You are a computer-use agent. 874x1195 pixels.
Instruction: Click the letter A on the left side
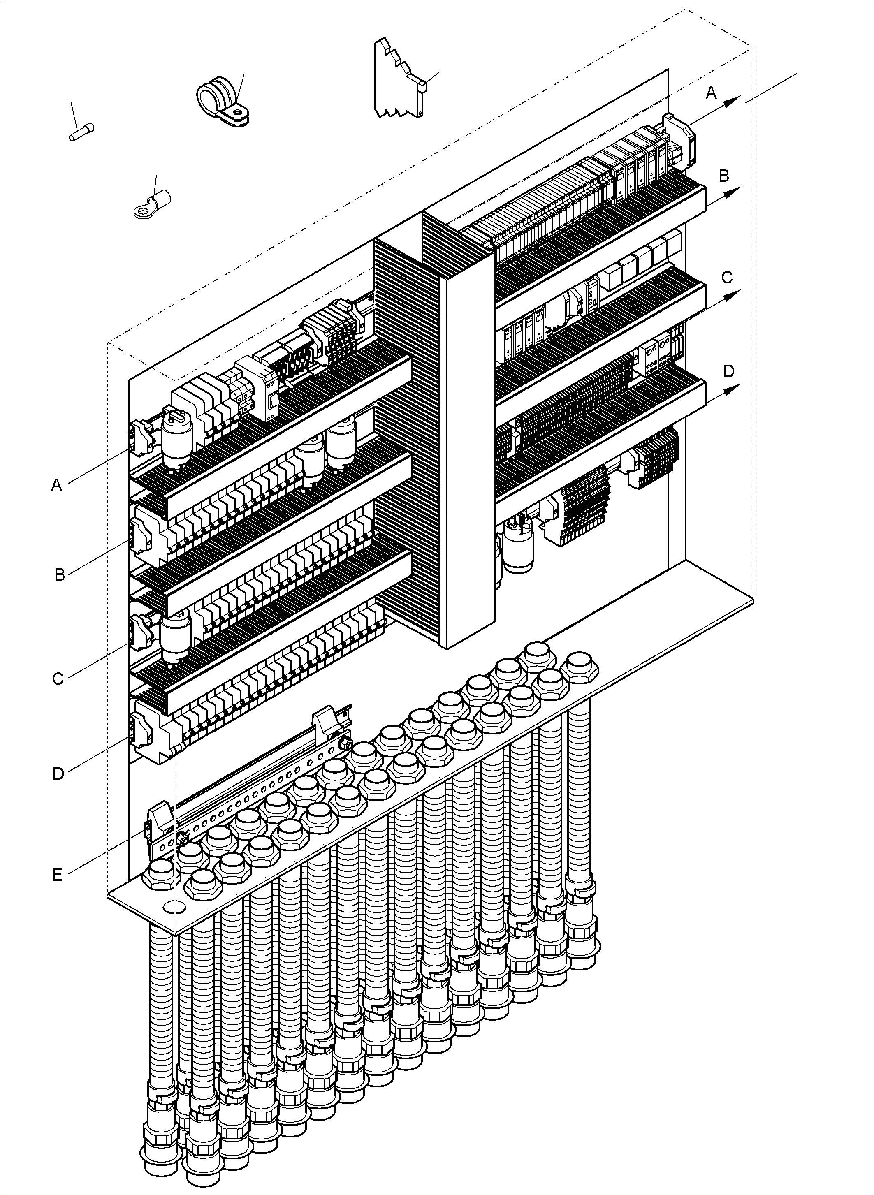tap(57, 485)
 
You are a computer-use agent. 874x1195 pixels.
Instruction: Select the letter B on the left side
tap(60, 574)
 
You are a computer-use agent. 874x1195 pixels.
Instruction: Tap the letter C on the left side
tap(58, 678)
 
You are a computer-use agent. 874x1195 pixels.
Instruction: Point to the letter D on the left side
tap(58, 774)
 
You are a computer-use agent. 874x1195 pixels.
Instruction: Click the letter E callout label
tap(57, 875)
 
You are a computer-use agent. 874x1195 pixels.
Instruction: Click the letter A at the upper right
tap(712, 93)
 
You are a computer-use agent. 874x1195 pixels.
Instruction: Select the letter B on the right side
tap(724, 175)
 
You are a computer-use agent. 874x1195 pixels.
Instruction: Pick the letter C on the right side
tap(727, 277)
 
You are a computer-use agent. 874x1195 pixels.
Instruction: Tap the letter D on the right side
tap(728, 371)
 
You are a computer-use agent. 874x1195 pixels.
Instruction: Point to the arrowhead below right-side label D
tap(731, 390)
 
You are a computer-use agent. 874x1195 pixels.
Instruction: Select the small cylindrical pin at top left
tap(82, 132)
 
